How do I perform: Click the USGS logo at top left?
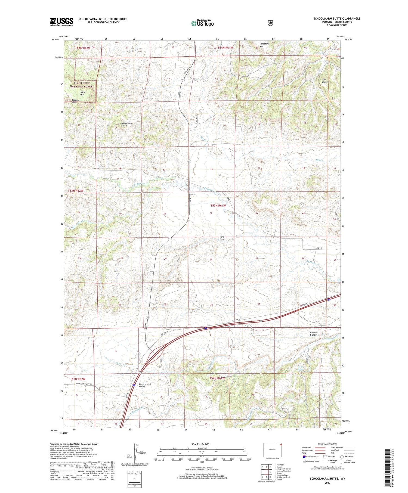click(x=61, y=22)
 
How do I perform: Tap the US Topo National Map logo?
click(x=202, y=23)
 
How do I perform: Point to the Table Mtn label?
click(x=83, y=93)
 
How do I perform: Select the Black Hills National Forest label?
click(x=82, y=85)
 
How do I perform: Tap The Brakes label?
click(x=325, y=80)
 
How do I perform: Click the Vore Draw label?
click(x=222, y=238)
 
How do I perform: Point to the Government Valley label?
click(x=145, y=386)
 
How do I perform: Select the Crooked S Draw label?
click(x=314, y=334)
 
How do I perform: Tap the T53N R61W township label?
click(x=218, y=206)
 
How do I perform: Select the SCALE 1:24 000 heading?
click(x=202, y=444)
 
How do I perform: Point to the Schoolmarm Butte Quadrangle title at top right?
click(x=337, y=18)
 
